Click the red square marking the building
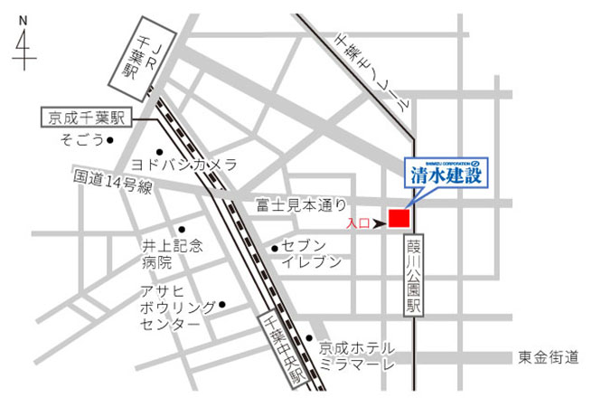pyautogui.click(x=399, y=217)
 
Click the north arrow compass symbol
pyautogui.click(x=23, y=44)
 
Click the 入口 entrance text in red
pyautogui.click(x=357, y=222)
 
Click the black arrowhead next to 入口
pyautogui.click(x=379, y=222)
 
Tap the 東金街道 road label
pyautogui.click(x=549, y=357)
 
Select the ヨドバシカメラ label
pyautogui.click(x=184, y=165)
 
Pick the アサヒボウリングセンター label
pyautogui.click(x=175, y=308)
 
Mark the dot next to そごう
pyautogui.click(x=110, y=140)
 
